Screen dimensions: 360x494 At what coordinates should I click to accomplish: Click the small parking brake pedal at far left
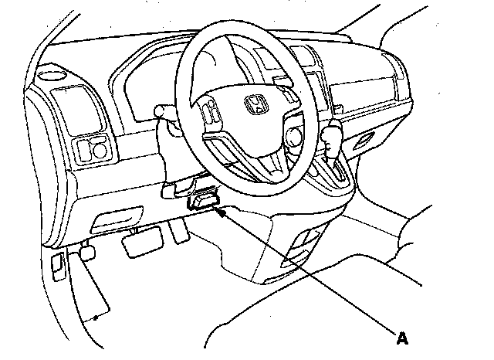coord(86,251)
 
